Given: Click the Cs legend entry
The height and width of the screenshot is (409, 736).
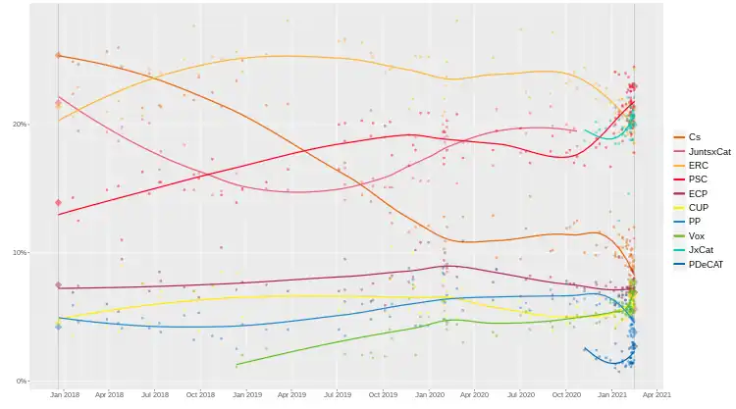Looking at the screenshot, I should coord(694,136).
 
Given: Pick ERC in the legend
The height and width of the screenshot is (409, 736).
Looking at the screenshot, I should coord(697,166).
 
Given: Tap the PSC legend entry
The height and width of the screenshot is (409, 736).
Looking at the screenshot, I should coord(697,179).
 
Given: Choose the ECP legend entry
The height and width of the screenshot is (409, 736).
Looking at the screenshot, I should coord(697,194).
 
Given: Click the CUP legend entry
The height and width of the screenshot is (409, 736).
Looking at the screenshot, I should coord(697,208).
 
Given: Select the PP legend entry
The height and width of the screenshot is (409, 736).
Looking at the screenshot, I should coord(694,223).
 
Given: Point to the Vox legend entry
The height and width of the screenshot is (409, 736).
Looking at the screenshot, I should coord(696,236).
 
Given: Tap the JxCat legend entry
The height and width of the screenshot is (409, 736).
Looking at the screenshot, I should coord(701,251).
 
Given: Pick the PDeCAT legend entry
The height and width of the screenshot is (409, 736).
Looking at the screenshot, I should coord(706,265).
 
